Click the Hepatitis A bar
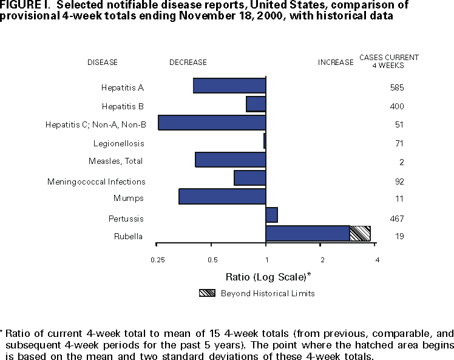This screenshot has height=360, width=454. point(229,86)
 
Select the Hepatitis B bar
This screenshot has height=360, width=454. point(256,104)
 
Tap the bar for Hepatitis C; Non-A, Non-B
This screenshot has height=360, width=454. point(212,123)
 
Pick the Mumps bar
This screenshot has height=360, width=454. point(222,197)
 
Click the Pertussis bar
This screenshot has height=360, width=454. point(271,215)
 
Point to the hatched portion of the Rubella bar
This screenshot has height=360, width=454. point(360,233)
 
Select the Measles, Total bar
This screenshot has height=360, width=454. point(231,160)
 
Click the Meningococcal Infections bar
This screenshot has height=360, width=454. point(249,178)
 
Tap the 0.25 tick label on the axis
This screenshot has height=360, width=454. point(157,260)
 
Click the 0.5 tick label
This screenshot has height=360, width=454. point(212,260)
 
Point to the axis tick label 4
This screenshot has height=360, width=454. point(378,260)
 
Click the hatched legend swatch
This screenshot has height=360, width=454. point(206,293)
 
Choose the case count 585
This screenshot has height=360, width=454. point(397,87)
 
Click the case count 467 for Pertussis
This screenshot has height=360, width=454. point(397,219)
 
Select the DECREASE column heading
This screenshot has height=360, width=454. point(188,62)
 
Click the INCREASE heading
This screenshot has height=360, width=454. point(336,62)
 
